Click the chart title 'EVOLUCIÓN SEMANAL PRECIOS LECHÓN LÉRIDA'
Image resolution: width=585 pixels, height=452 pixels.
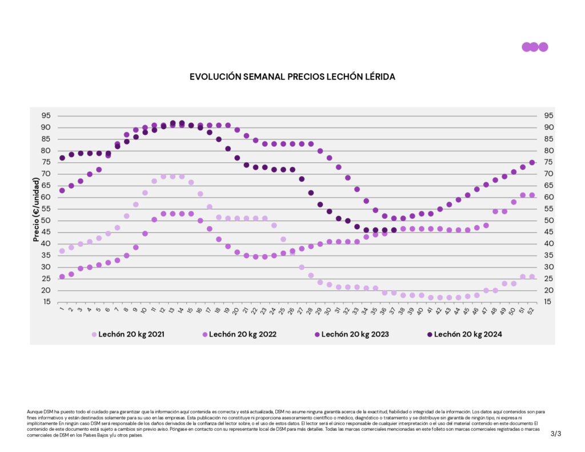[x=292, y=76]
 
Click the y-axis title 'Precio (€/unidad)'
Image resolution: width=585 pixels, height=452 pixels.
[x=35, y=209]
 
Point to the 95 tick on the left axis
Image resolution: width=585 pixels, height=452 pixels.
[x=46, y=115]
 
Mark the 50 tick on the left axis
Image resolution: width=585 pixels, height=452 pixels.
[x=46, y=221]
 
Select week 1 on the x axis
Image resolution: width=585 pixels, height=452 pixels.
[x=62, y=310]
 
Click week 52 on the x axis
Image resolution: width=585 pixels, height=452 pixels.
[x=531, y=311]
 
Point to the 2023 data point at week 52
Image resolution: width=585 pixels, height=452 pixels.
[x=532, y=162]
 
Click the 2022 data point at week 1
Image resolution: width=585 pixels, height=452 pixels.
[x=62, y=277]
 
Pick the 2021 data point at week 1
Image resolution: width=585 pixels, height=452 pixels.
[x=62, y=251]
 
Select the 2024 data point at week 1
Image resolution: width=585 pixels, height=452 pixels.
[x=62, y=158]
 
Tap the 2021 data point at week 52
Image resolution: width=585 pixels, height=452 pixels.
[x=532, y=277]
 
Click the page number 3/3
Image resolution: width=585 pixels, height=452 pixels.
[x=556, y=434]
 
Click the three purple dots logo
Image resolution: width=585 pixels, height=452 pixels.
[x=535, y=47]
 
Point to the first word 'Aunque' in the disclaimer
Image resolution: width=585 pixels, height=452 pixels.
[x=34, y=411]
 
